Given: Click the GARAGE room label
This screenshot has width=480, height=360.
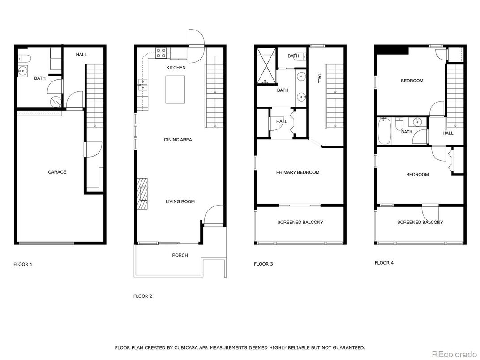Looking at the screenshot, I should coord(57,172).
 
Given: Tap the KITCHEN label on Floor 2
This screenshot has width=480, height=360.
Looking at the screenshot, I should coord(176,68).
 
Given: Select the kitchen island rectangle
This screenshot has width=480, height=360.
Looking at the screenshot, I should coord(175,90).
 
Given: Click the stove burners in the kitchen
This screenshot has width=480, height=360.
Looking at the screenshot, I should coord(161,53).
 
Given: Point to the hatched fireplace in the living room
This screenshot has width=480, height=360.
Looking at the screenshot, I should coord(142,193).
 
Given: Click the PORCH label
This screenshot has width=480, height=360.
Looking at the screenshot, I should coord(180,255).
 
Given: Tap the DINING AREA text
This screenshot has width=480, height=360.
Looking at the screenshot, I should coord(178,140).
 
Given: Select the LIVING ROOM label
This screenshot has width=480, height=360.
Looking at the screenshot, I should coord(180,201).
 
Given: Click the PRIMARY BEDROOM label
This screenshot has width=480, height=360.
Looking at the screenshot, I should coord(298,172).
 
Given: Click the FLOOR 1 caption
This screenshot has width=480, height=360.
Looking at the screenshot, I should coord(23,264).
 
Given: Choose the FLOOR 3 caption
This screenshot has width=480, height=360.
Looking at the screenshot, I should coord(263,264).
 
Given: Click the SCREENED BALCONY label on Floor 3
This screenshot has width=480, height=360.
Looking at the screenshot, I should coord(300,222).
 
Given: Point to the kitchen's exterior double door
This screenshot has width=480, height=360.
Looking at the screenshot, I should coord(196,46).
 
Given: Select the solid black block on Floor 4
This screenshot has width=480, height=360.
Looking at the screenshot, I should coord(392,50).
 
